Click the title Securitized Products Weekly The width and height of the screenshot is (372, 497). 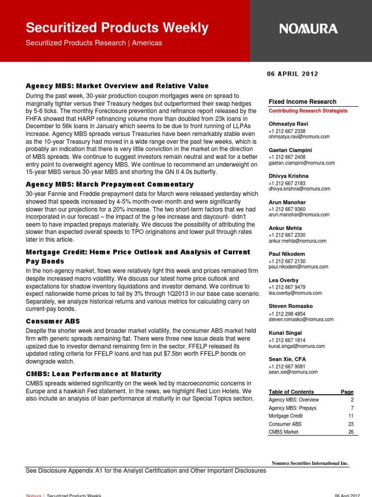[117, 27]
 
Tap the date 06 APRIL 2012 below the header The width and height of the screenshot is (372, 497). [292, 74]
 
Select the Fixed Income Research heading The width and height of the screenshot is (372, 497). [302, 102]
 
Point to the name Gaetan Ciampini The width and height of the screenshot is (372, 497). [290, 150]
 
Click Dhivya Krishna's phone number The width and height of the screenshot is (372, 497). [287, 183]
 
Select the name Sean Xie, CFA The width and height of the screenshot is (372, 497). [287, 359]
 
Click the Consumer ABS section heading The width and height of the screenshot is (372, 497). [53, 321]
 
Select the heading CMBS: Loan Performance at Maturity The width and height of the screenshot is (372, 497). [93, 374]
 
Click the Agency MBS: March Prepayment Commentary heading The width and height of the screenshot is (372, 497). [109, 184]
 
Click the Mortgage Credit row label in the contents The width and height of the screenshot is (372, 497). [286, 416]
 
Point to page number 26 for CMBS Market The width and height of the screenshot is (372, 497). [350, 432]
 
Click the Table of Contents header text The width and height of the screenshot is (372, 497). [291, 392]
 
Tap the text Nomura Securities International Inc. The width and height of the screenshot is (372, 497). [310, 464]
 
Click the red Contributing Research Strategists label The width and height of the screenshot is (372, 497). [308, 111]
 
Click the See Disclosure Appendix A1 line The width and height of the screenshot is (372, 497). [145, 471]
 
